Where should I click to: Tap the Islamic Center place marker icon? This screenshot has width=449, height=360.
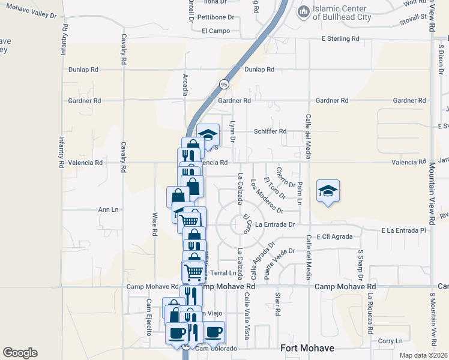[x=303, y=11]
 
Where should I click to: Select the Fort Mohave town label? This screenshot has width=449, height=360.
[x=307, y=348]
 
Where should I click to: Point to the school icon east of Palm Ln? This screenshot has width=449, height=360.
[x=328, y=191]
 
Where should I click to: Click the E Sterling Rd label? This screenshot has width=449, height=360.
[x=340, y=38]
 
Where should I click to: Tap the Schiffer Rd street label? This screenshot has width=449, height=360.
[x=270, y=131]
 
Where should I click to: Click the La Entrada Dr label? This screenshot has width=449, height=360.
[x=276, y=224]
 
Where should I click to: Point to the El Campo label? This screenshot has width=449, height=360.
[x=216, y=30]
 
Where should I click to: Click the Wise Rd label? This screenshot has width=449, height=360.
[x=154, y=223]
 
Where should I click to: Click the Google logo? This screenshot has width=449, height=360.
[x=20, y=353]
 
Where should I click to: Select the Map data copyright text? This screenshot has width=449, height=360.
[x=424, y=355]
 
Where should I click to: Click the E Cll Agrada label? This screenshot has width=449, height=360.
[x=334, y=236]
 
